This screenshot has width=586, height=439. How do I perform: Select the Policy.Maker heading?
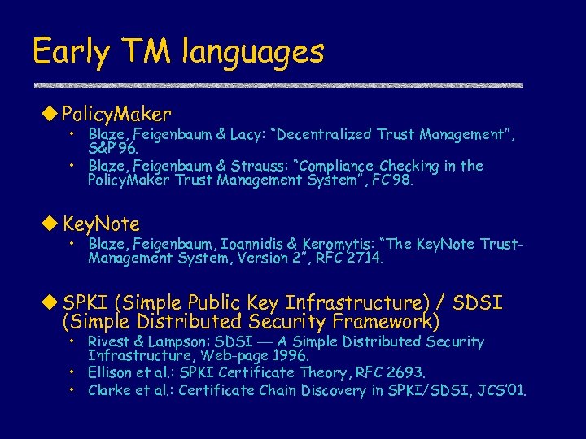(116, 113)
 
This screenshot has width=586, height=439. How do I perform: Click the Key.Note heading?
(101, 224)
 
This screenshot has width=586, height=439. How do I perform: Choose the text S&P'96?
(113, 150)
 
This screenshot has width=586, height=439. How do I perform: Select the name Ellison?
(112, 373)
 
